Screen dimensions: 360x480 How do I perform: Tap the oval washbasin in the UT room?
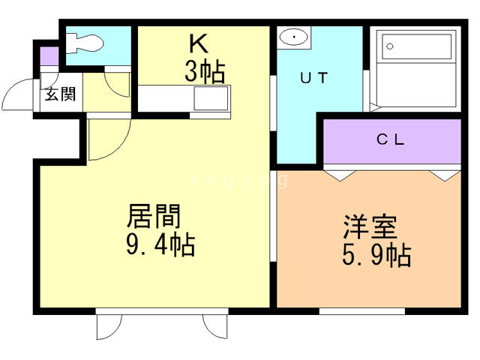click(293, 37)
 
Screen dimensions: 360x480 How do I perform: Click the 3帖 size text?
click(204, 72)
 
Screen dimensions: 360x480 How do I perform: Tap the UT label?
click(314, 76)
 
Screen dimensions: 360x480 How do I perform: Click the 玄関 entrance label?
click(60, 95)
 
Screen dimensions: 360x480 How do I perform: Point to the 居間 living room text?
click(154, 217)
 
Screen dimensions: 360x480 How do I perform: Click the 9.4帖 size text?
click(157, 245)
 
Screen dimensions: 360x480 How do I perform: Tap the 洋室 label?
click(370, 227)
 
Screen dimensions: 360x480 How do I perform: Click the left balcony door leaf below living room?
click(109, 328)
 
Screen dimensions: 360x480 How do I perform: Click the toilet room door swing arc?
click(118, 84)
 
